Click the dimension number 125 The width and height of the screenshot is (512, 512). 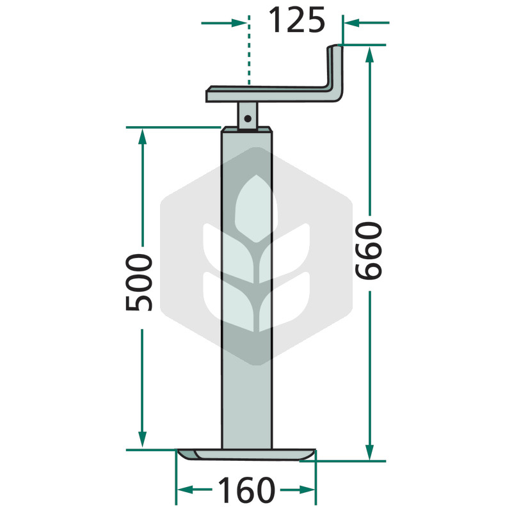coord(296,20)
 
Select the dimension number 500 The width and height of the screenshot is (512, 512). coord(139,282)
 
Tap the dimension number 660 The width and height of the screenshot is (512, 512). coord(369,250)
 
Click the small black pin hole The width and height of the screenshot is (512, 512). coord(248,118)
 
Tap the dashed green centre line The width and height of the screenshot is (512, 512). coord(249,50)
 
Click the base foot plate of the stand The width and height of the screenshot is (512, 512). coord(246,454)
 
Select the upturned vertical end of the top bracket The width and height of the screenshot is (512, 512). coord(335,72)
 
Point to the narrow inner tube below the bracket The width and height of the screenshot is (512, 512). coord(248,116)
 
